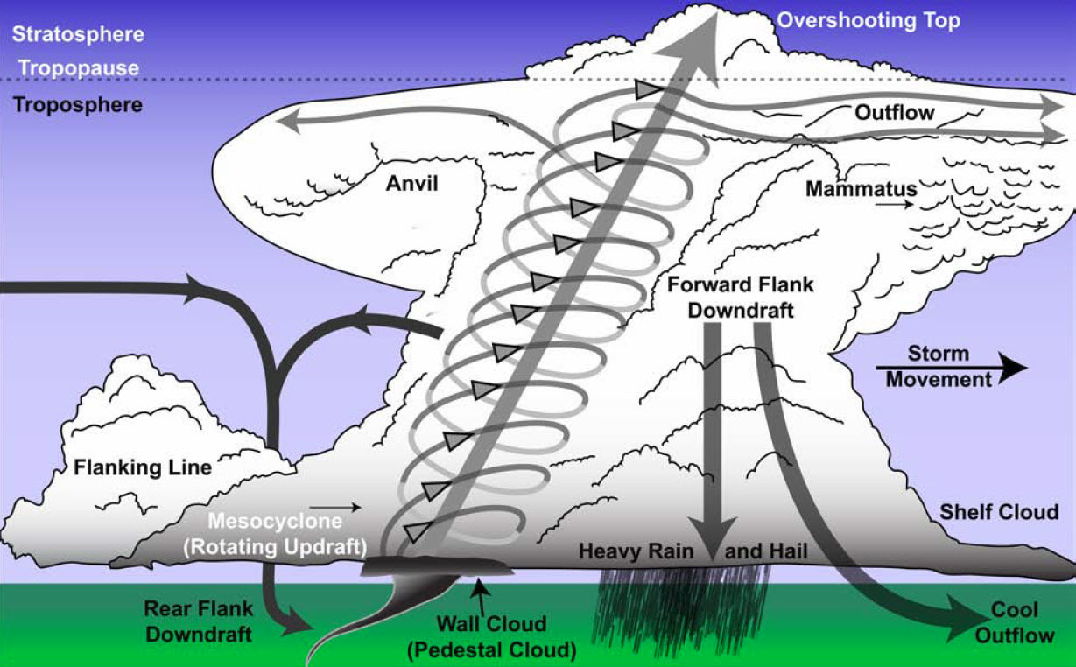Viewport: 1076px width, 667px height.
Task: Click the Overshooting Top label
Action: click(x=869, y=20)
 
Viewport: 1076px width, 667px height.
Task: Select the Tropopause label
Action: click(x=78, y=67)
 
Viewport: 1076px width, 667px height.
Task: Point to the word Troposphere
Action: click(x=78, y=104)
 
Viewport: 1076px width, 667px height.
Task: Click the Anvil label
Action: click(x=411, y=183)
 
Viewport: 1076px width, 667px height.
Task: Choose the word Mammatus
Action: click(x=861, y=189)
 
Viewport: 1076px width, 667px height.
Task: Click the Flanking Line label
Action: click(x=143, y=467)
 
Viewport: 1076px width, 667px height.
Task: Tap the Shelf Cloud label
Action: click(x=998, y=511)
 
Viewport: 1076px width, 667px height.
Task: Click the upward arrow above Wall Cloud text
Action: click(x=478, y=590)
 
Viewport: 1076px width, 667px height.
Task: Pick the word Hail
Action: click(x=788, y=551)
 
